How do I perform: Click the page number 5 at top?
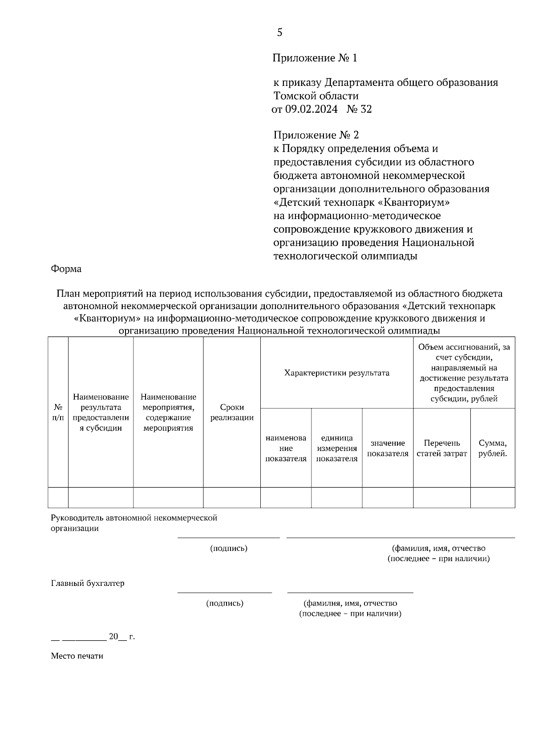279,33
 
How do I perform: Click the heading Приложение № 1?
315,58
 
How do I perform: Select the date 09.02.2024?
311,110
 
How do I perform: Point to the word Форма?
66,269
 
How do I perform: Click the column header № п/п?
58,412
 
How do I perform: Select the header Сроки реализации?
232,412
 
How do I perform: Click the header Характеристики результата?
337,373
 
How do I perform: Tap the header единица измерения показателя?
337,448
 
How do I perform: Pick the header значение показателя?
388,448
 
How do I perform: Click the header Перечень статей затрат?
442,448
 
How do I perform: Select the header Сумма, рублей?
493,448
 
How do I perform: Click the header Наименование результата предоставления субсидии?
101,412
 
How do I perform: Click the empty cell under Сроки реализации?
232,497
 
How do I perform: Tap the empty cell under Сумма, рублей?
493,497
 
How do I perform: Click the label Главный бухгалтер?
88,583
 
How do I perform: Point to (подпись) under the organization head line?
229,548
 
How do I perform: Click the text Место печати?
77,656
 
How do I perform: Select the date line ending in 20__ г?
93,637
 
